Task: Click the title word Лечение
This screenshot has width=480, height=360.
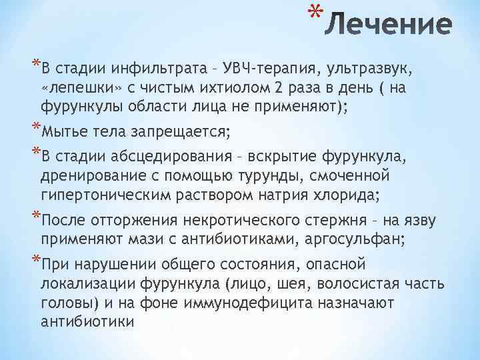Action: (x=392, y=26)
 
